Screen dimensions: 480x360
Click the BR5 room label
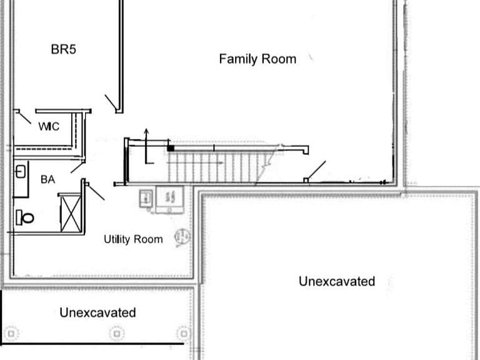(63, 49)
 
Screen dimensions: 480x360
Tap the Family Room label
(257, 59)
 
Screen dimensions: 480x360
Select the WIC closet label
(49, 126)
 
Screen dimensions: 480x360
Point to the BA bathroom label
(47, 179)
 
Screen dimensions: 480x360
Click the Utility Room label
(133, 239)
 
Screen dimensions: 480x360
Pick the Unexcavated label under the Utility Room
(97, 312)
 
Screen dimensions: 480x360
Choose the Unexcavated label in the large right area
(337, 281)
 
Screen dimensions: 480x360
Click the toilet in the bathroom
(25, 217)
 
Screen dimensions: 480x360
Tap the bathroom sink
(20, 172)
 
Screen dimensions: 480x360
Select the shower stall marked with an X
(71, 213)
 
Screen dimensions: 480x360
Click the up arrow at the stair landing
(147, 146)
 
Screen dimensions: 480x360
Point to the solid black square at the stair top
(171, 148)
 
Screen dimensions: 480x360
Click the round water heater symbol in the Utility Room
(182, 237)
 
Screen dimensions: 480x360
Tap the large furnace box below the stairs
(170, 199)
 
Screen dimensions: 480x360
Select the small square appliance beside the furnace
(146, 198)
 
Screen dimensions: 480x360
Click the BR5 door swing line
(111, 102)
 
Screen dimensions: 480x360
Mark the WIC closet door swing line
(25, 118)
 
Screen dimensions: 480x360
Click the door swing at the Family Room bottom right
(316, 169)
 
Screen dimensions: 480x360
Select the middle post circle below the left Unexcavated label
(117, 333)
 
